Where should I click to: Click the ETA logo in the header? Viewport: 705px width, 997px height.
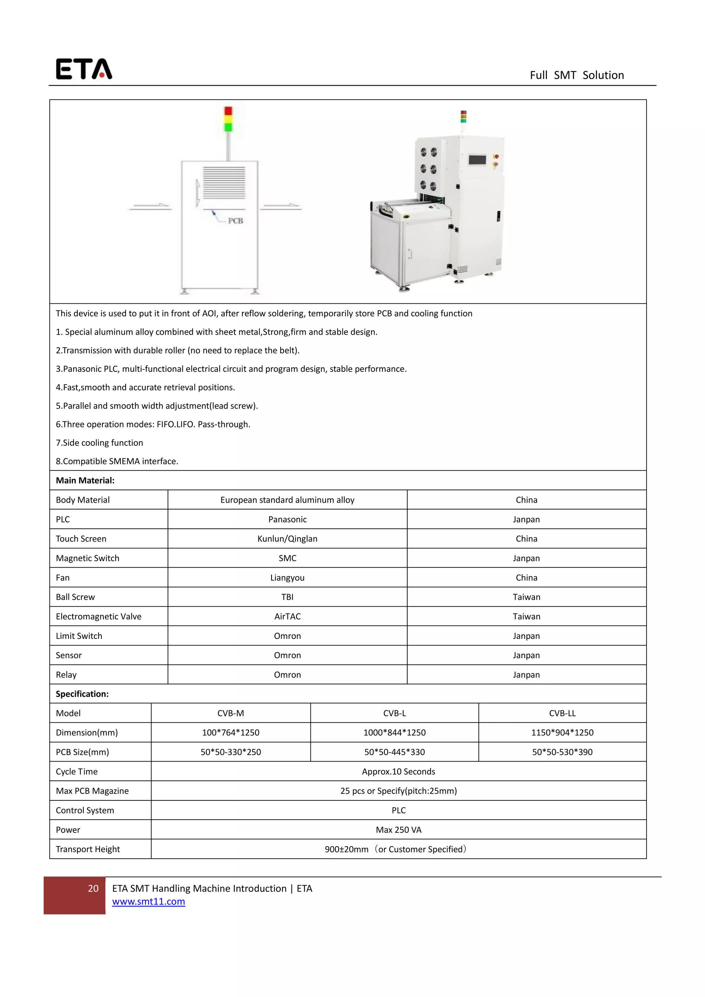84,69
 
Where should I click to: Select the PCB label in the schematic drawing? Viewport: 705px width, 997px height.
235,221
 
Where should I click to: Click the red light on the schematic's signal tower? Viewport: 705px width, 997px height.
228,111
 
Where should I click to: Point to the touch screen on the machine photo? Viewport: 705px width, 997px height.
477,160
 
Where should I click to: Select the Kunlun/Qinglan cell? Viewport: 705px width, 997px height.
287,538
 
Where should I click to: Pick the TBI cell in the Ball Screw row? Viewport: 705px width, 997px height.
287,597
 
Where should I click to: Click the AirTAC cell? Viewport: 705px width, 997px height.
287,616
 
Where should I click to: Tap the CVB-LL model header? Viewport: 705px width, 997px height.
562,713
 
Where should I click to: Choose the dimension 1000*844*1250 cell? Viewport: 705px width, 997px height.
394,733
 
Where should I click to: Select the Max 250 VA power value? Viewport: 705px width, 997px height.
399,829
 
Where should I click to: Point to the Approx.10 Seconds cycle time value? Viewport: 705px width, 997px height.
399,771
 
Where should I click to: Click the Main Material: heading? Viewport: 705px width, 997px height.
85,480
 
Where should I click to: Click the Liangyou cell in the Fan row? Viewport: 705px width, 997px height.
287,578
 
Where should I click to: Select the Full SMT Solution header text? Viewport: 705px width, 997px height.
577,75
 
